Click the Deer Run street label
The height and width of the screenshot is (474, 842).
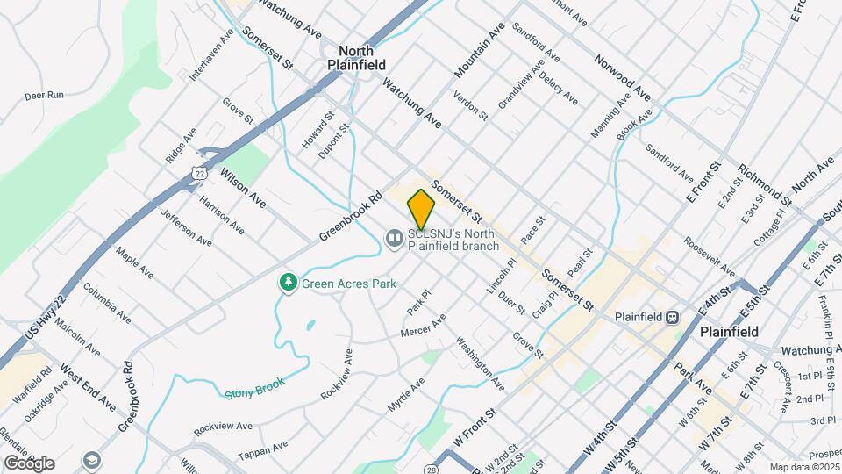pos(44,95)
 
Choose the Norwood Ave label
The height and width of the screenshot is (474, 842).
pos(623,76)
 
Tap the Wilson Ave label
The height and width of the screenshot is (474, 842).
pos(243,187)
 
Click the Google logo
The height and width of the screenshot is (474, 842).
pos(29,463)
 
